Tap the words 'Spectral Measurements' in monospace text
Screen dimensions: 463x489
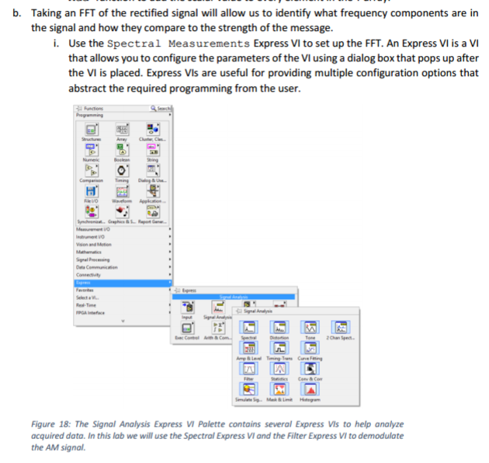tap(178, 43)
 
